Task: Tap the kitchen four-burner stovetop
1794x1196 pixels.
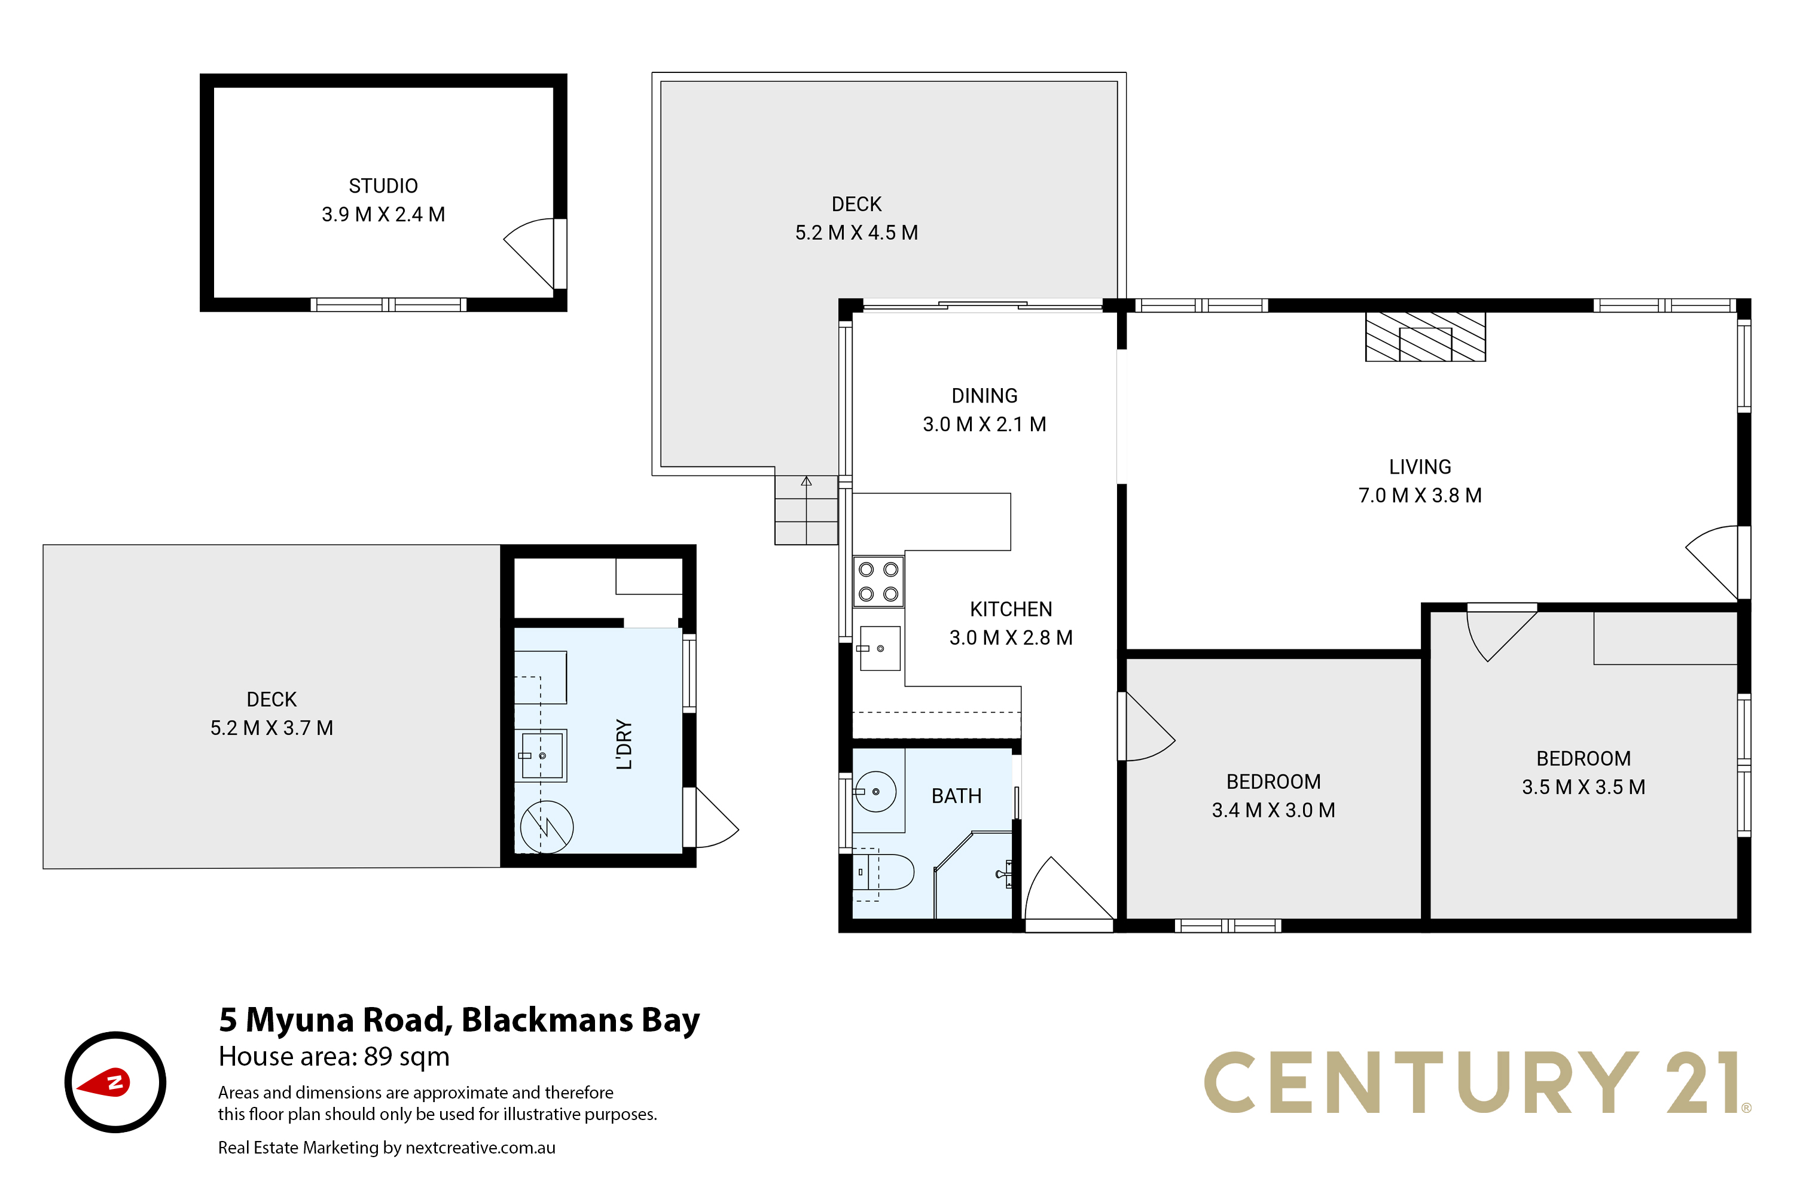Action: [x=878, y=581]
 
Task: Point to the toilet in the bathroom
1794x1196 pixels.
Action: [x=883, y=872]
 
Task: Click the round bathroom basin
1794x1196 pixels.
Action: [x=875, y=791]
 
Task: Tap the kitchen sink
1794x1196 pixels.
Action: [x=880, y=648]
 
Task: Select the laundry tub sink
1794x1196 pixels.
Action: [x=542, y=755]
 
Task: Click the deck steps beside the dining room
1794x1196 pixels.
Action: [x=806, y=509]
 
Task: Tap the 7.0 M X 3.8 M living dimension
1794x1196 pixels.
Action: [x=1420, y=496]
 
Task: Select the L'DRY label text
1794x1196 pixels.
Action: [x=624, y=745]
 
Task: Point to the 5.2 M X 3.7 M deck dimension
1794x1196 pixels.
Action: [x=271, y=728]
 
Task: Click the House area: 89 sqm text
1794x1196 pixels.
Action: [x=334, y=1057]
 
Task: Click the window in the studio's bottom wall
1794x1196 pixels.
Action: [x=388, y=305]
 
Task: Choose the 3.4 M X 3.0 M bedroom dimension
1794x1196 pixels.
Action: [x=1273, y=810]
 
